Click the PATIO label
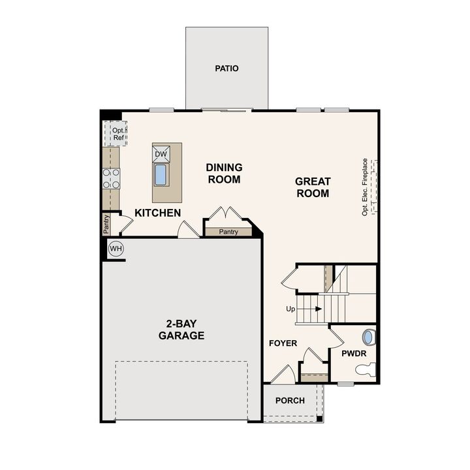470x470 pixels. coord(227,68)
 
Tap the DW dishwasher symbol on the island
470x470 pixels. coord(161,154)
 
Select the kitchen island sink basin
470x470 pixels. coord(161,174)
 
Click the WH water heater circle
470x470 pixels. coord(116,248)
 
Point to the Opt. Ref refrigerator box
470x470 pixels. coord(116,134)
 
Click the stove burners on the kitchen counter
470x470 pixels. coord(111,178)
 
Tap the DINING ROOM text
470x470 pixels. coord(224,173)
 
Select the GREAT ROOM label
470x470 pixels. coord(313,187)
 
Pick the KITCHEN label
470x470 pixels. coord(157,213)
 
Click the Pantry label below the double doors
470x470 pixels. coord(228,232)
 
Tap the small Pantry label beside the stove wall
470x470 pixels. coord(106,224)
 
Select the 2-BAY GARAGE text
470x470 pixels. coord(181,330)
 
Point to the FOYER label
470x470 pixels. coord(283,343)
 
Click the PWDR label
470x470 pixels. coord(354,353)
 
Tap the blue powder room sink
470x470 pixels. coord(369,337)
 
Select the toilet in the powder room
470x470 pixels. coord(366,370)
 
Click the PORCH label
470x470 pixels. coord(289,400)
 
